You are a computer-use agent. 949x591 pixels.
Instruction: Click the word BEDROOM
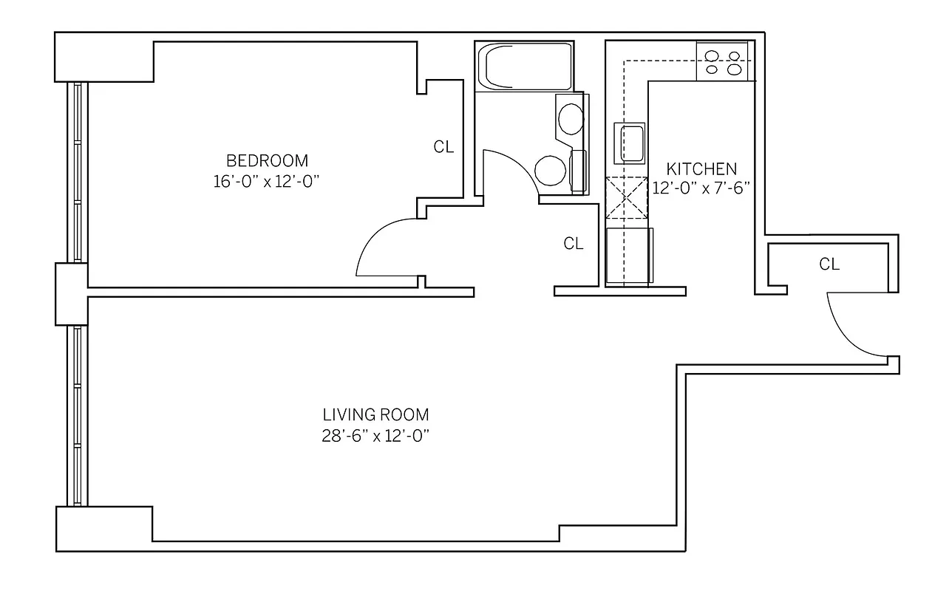coord(267,160)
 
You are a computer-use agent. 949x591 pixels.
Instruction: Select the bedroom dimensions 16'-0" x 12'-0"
coord(267,181)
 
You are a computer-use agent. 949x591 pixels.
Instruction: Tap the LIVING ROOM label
coord(375,414)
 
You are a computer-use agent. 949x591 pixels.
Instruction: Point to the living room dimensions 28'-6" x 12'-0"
coord(375,435)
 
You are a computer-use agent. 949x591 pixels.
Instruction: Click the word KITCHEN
coord(701,168)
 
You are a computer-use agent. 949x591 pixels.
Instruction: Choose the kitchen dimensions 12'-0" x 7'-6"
coord(701,188)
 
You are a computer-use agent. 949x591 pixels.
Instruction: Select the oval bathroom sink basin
coord(569,118)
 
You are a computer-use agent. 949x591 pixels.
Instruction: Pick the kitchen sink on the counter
coord(630,142)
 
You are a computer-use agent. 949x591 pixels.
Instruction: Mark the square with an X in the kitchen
coord(625,198)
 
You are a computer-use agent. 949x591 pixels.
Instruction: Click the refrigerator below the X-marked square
coord(628,256)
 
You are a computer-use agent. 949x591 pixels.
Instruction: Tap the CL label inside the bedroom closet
coord(443,147)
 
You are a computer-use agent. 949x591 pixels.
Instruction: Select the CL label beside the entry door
coord(829,264)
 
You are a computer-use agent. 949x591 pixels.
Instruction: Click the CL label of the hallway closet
coord(574,244)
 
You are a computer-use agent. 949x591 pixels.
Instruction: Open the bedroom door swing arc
coord(384,247)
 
